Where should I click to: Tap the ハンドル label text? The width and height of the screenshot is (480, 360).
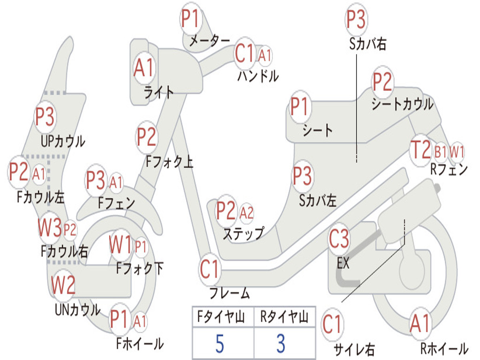(258, 75)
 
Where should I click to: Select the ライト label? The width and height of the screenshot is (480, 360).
(159, 92)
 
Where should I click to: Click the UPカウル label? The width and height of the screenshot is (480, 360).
(62, 141)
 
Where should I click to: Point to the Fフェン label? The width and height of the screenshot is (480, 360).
(117, 203)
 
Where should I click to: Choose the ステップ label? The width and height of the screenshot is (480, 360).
(243, 233)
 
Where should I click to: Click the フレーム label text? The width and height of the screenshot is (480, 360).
(229, 294)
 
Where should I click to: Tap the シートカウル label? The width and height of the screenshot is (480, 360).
(402, 104)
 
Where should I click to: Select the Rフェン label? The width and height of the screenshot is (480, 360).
(449, 170)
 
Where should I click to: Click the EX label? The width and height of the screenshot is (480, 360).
(343, 263)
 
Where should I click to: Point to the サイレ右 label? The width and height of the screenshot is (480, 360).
(354, 349)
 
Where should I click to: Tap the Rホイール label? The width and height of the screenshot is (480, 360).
(443, 349)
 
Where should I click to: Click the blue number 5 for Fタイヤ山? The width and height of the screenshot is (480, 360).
(219, 344)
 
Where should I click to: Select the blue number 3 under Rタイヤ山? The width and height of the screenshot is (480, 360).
(280, 344)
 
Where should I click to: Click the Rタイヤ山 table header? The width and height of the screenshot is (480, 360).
(284, 318)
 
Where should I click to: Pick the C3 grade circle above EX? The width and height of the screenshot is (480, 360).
(339, 239)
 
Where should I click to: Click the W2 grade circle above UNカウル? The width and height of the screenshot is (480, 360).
(63, 285)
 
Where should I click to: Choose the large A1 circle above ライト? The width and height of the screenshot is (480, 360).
(143, 68)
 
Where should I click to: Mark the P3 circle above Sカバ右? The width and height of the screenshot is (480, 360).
(356, 20)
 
